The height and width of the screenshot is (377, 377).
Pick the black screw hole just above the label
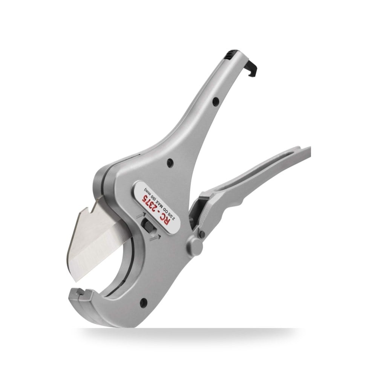[170, 162]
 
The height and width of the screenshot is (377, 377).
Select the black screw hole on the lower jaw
[144, 302]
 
